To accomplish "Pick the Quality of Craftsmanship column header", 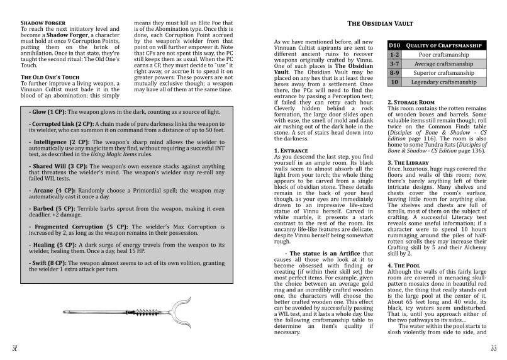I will click(x=440, y=45).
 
